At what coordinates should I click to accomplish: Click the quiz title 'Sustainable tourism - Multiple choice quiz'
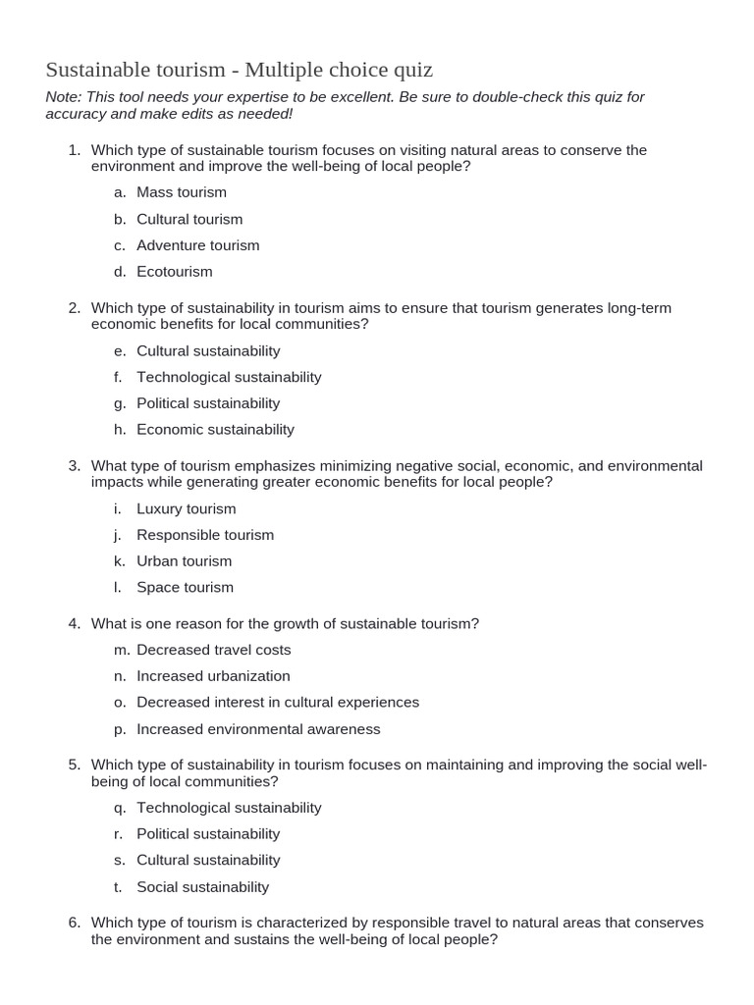pyautogui.click(x=239, y=70)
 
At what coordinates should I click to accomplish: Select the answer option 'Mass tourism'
pyautogui.click(x=182, y=192)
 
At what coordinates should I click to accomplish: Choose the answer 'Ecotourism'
pyautogui.click(x=175, y=272)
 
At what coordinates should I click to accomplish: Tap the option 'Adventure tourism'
pyautogui.click(x=198, y=245)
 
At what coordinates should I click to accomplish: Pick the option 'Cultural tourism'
pyautogui.click(x=189, y=219)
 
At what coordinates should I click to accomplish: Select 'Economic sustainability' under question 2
pyautogui.click(x=215, y=429)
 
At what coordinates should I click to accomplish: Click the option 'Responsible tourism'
pyautogui.click(x=205, y=535)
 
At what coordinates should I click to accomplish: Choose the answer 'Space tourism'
pyautogui.click(x=185, y=587)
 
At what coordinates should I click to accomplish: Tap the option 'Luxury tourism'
pyautogui.click(x=187, y=508)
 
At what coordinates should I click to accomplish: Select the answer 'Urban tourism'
pyautogui.click(x=185, y=561)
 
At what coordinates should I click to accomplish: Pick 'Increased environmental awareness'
pyautogui.click(x=258, y=729)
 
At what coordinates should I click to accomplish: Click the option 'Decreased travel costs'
pyautogui.click(x=214, y=650)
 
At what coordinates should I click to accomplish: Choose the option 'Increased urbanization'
pyautogui.click(x=213, y=676)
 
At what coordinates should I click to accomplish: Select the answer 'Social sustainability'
pyautogui.click(x=202, y=887)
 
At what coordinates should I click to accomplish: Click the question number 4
pyautogui.click(x=74, y=624)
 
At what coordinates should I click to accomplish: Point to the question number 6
pyautogui.click(x=74, y=923)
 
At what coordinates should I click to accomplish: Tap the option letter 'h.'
pyautogui.click(x=119, y=429)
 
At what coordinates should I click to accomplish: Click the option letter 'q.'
pyautogui.click(x=119, y=808)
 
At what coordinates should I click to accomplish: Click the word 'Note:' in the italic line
pyautogui.click(x=64, y=97)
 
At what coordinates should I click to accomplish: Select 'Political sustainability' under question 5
pyautogui.click(x=208, y=834)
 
